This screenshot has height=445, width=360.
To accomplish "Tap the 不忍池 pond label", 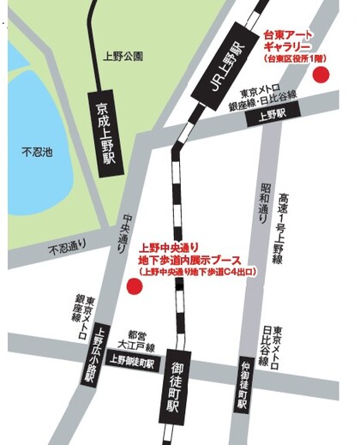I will (37, 153).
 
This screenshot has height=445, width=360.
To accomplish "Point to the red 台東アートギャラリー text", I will (291, 40).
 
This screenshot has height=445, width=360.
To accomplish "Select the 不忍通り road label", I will (69, 247).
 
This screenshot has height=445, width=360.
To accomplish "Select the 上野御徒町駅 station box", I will (130, 361).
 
